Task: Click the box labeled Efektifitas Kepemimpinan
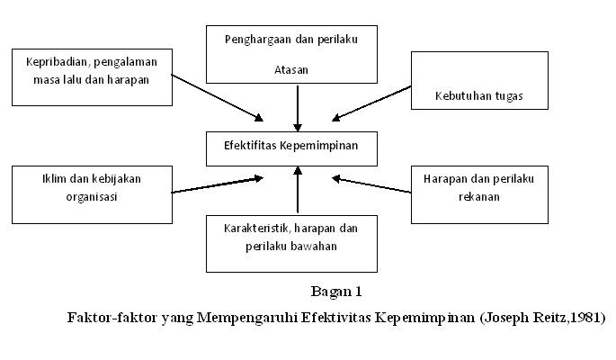pyautogui.click(x=297, y=147)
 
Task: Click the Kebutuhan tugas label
pyautogui.click(x=479, y=95)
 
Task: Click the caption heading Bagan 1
pyautogui.click(x=335, y=291)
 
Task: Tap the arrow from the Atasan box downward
pyautogui.click(x=297, y=107)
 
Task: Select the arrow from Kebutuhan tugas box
pyautogui.click(x=371, y=103)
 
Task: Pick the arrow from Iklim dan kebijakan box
pyautogui.click(x=219, y=185)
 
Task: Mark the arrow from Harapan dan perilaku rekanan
pyautogui.click(x=371, y=185)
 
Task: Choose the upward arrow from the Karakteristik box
pyautogui.click(x=297, y=191)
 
